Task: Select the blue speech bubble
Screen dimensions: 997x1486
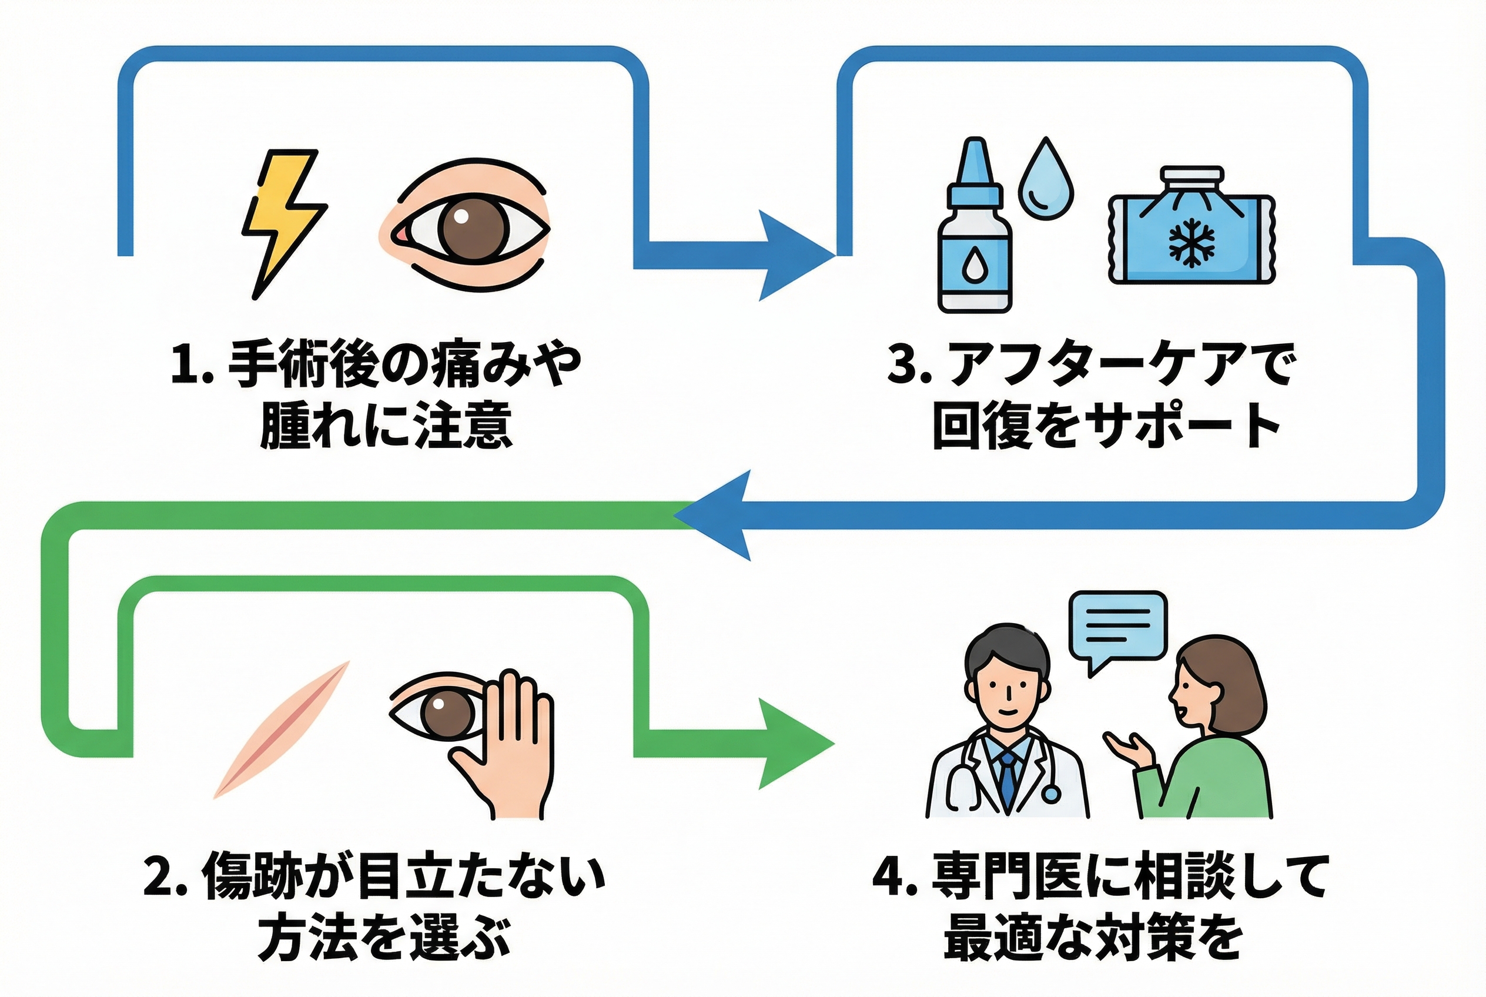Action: (1117, 626)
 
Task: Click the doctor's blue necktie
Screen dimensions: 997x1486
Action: (1008, 779)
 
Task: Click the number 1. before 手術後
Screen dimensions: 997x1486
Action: (192, 364)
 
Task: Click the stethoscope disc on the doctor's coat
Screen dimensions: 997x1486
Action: (1051, 793)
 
